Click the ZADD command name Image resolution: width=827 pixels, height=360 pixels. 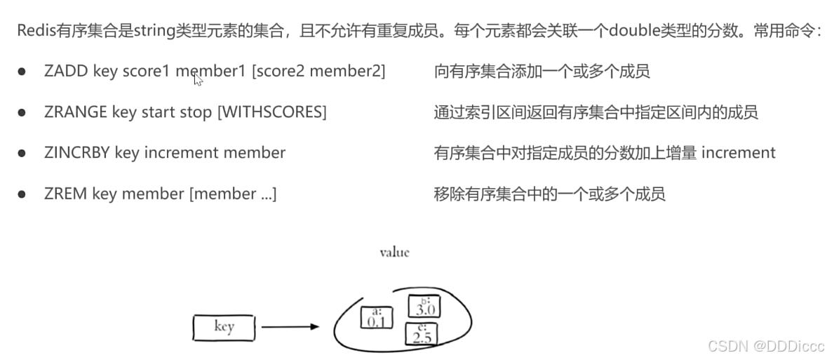point(65,71)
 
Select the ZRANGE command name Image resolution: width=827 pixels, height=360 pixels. point(74,112)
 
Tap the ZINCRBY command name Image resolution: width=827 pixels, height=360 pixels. point(76,152)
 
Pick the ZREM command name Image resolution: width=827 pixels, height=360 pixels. point(64,194)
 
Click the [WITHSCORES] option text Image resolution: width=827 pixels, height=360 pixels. point(272,112)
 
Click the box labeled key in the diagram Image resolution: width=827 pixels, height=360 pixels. point(224,327)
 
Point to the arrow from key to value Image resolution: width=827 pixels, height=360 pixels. point(288,327)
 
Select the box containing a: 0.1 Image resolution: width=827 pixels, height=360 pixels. point(376,318)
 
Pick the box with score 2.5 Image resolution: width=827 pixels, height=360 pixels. point(422,334)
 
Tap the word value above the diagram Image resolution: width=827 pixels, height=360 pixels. point(394,252)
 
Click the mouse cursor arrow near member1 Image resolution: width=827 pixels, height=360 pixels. point(198,79)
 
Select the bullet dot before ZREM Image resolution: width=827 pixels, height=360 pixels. point(22,194)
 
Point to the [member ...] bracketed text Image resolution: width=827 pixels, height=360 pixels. point(233,194)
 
